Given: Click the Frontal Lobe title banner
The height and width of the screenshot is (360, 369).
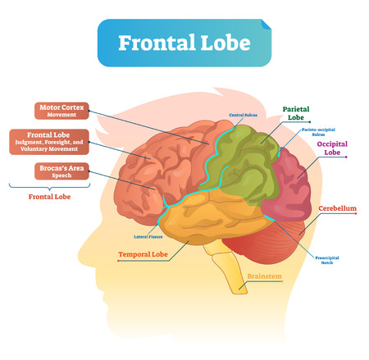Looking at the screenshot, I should (x=184, y=42).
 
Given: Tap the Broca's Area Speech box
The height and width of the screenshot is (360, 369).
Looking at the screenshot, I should (x=60, y=173).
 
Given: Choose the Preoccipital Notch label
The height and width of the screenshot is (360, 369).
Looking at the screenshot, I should (x=326, y=261).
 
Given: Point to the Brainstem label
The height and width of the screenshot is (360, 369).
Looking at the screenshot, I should (x=263, y=276).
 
